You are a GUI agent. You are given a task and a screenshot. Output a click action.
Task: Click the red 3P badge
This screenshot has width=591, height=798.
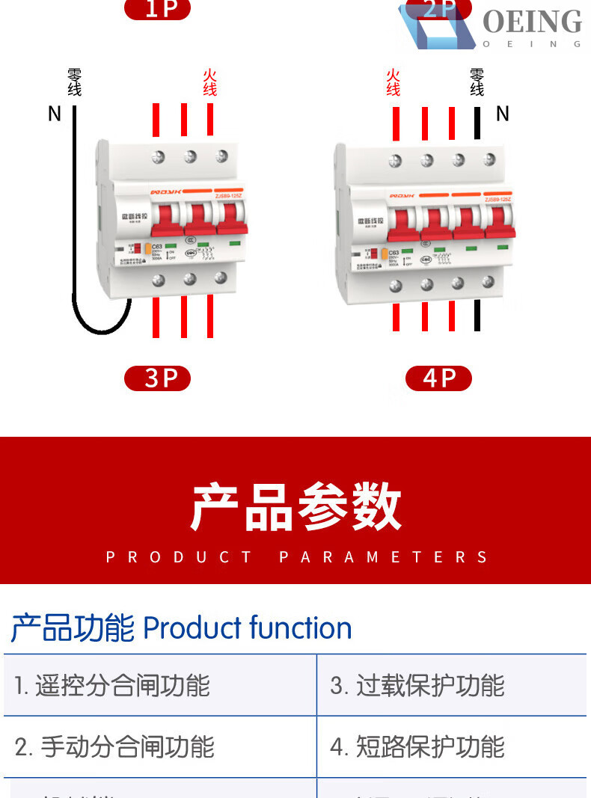click(x=158, y=378)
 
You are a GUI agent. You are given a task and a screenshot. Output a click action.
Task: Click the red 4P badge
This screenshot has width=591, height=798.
click(x=438, y=378)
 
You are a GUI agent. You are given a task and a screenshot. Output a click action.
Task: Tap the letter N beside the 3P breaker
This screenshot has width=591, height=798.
click(x=54, y=114)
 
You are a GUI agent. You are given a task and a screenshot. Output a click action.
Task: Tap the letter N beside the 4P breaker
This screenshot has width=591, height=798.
click(x=503, y=114)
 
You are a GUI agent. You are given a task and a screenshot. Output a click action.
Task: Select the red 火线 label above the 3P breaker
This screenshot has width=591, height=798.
click(x=210, y=82)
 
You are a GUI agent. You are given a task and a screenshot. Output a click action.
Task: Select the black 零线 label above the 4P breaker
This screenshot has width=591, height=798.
click(x=477, y=82)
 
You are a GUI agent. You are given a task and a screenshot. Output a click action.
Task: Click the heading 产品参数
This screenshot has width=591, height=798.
click(x=295, y=507)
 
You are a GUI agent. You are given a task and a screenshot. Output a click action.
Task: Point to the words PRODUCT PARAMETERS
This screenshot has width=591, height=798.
click(x=295, y=557)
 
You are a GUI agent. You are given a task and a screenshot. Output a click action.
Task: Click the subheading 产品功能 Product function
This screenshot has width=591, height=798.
click(x=181, y=628)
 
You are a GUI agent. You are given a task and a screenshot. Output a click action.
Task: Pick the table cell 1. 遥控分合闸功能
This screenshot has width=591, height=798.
click(x=112, y=686)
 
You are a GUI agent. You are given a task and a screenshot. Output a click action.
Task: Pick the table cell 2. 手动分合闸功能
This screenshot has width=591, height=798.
click(x=114, y=746)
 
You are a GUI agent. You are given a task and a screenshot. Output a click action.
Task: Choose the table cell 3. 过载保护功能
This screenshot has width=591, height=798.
click(x=417, y=686)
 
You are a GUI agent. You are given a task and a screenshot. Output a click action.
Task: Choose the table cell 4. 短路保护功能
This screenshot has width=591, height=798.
click(x=417, y=746)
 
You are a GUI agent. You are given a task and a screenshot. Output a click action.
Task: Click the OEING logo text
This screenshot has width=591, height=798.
click(x=532, y=22)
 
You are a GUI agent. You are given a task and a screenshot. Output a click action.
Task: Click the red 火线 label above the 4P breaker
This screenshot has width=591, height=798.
click(x=394, y=82)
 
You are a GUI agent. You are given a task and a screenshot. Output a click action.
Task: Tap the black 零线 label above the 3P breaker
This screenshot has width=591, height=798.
click(x=74, y=82)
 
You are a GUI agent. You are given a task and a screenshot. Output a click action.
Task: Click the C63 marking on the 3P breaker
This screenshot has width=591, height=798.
click(x=157, y=246)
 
